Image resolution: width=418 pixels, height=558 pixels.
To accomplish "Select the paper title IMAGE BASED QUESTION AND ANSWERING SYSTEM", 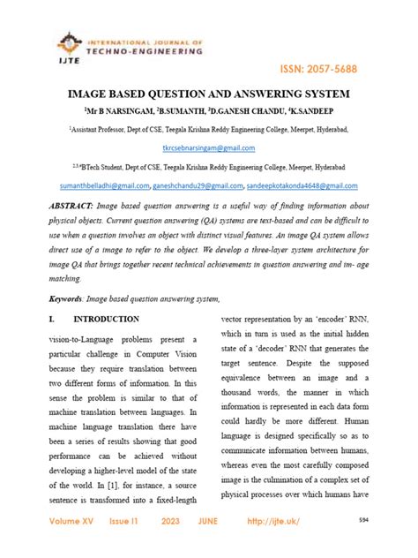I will pos(207,93).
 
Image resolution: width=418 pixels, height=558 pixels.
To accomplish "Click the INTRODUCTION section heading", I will pos(105,319).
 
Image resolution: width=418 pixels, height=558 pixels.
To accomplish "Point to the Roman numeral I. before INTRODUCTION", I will pos(41,319).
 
